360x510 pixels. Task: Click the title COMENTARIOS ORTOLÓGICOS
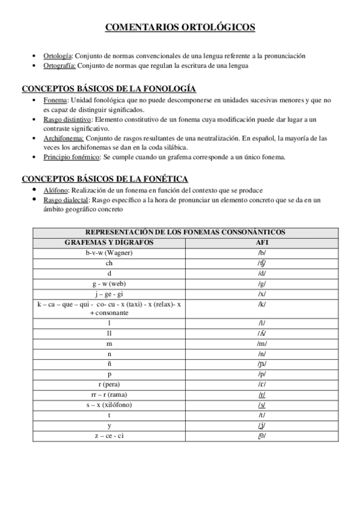pos(180,27)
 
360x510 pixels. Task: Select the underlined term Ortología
pos(58,55)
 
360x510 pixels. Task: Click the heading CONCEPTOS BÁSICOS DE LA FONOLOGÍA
pos(109,88)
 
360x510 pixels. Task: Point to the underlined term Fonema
pos(55,100)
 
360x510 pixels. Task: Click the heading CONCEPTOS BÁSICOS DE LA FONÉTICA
pos(105,179)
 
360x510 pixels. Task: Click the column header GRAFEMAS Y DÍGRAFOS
pos(109,242)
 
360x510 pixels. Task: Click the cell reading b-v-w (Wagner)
pos(109,253)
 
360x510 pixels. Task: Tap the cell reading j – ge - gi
pos(109,294)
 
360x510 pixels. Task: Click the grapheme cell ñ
pos(109,364)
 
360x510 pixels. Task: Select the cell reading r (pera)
pos(109,384)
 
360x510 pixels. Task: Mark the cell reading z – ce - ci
pos(109,435)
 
